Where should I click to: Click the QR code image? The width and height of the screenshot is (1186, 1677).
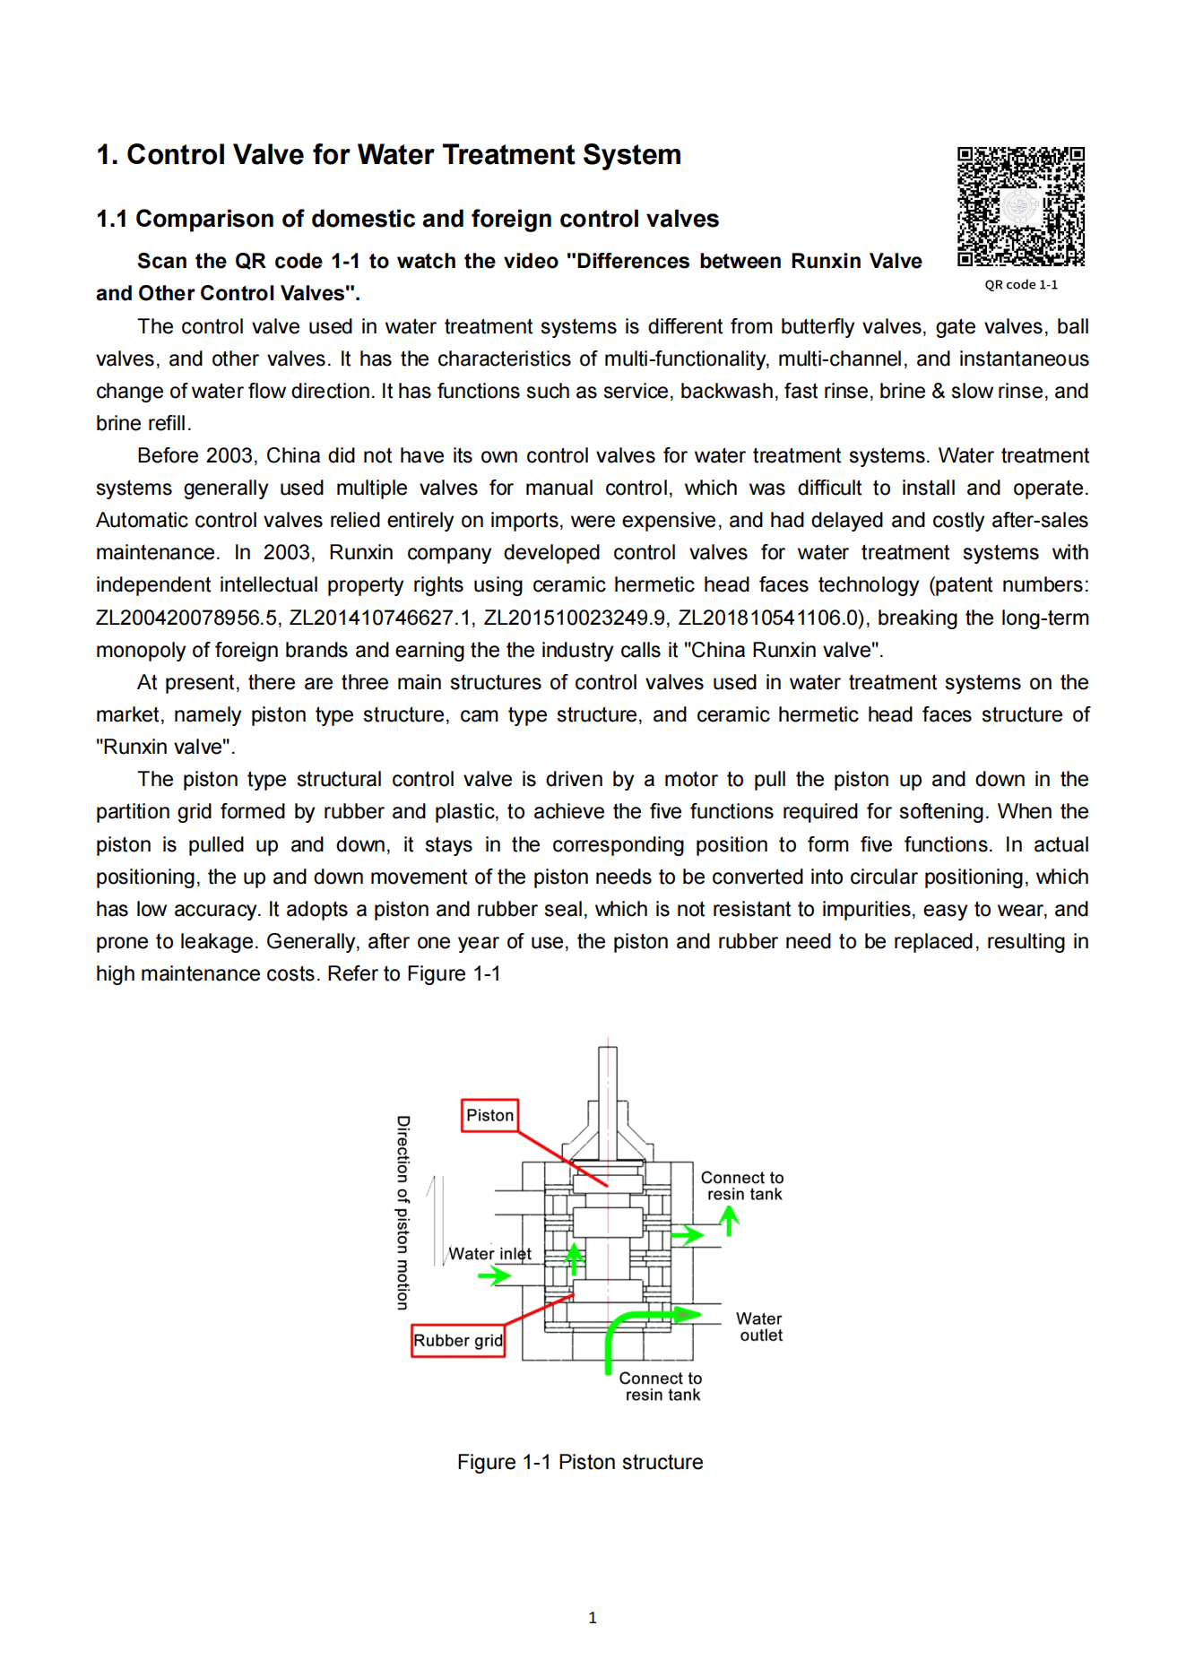coord(1020,207)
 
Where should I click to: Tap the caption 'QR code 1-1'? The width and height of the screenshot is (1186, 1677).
coord(1020,285)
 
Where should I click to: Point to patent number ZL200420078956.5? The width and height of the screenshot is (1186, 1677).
coord(186,618)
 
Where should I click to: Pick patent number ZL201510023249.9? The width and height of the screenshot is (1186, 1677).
coord(575,618)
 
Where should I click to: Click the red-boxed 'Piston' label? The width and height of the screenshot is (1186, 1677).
coord(489,1116)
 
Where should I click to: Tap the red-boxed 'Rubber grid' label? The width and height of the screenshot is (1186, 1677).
coord(457,1341)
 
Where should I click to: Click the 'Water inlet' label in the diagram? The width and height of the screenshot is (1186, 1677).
coord(489,1254)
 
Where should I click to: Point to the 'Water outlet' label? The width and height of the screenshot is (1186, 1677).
coord(759,1327)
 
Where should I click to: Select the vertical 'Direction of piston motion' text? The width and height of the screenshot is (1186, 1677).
coord(403,1213)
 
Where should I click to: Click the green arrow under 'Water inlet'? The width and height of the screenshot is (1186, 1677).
coord(494,1275)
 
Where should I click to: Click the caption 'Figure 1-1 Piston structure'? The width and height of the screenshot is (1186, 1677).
coord(580,1463)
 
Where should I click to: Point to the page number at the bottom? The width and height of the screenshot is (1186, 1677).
coord(593,1618)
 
